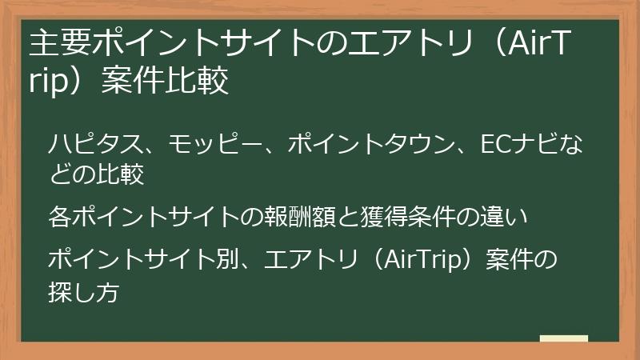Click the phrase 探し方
point(84,292)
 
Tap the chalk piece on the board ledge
point(563,339)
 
